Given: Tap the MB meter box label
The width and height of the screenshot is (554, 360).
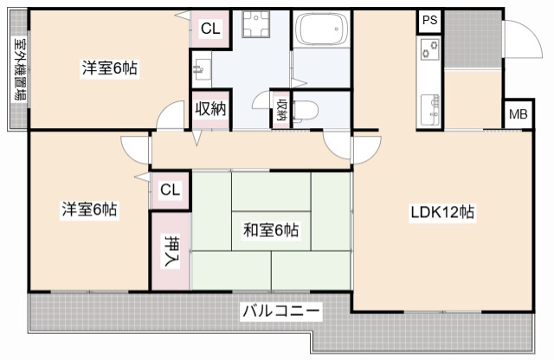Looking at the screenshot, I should point(517,114).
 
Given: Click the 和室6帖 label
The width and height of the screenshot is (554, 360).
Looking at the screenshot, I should point(271,230).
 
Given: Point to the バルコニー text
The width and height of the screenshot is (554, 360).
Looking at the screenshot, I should point(281,310).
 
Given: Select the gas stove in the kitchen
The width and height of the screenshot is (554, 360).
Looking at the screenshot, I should point(430,49).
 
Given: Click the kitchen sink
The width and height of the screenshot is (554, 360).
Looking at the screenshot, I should point(430,109).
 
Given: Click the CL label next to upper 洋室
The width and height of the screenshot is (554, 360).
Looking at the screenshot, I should point(210,29).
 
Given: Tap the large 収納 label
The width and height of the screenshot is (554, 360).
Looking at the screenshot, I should point(210,109).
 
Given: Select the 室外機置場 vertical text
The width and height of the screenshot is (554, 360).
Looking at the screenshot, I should point(17,70).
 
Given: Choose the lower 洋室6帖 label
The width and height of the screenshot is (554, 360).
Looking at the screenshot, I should point(89,209).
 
